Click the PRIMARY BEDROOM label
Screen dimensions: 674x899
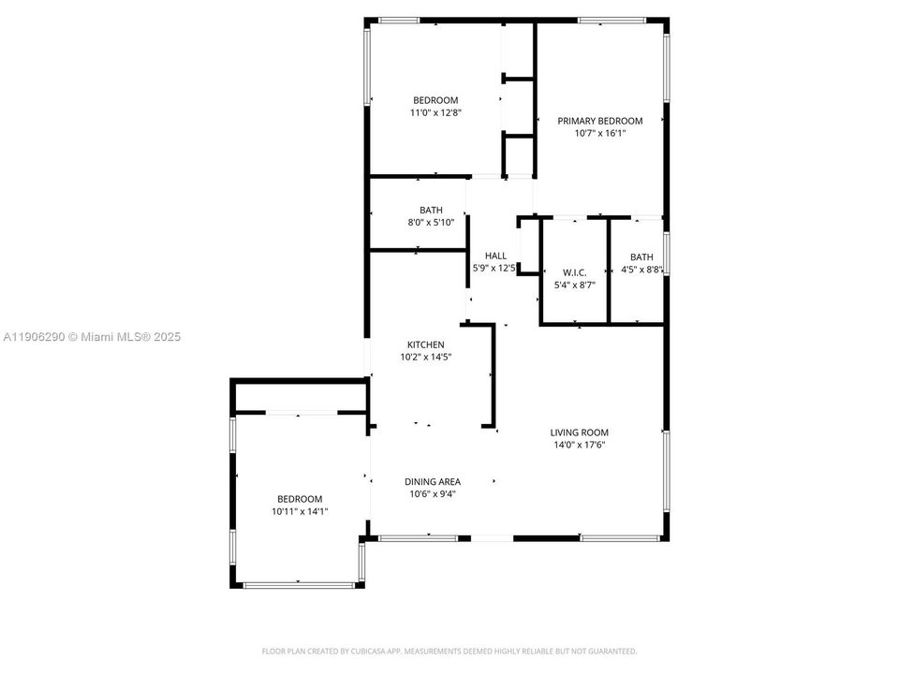point(600,121)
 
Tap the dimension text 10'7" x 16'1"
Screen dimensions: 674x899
point(600,134)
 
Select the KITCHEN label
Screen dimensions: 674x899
point(425,344)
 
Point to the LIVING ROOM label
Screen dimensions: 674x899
point(579,432)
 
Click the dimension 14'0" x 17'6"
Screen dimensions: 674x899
point(579,445)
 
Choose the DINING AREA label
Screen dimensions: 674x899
point(432,482)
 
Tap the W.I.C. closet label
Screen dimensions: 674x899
point(574,272)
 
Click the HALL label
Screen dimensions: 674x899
point(495,256)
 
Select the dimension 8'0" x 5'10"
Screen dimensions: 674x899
point(431,223)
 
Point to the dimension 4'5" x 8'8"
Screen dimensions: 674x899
point(641,270)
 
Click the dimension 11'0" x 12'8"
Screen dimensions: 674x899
point(435,112)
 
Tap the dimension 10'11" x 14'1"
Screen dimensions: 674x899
point(300,511)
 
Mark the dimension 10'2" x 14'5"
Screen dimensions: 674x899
point(425,357)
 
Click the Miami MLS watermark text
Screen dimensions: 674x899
point(92,337)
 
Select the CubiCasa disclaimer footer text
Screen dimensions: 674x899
point(449,651)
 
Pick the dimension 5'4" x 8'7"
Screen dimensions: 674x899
point(574,285)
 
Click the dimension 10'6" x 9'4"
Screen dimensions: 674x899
point(432,494)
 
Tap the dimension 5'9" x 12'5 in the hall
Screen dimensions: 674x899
point(495,269)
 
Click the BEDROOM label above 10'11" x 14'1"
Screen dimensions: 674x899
point(300,499)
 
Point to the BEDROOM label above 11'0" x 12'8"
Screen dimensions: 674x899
point(435,100)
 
